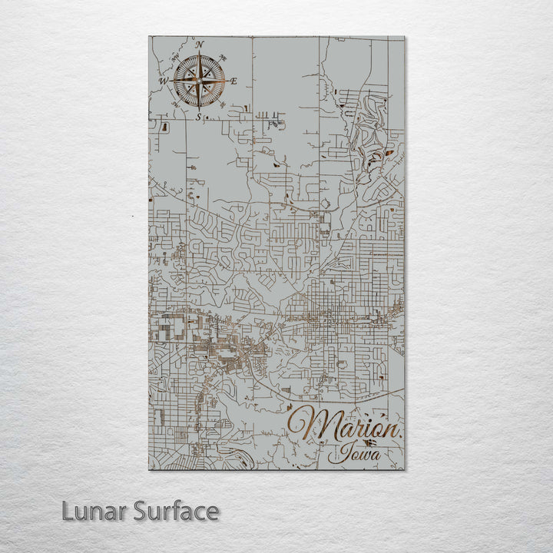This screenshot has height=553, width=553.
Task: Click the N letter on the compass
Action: tap(200, 45)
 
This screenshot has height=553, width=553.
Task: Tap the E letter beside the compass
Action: tap(234, 81)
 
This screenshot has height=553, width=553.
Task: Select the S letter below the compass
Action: tap(199, 117)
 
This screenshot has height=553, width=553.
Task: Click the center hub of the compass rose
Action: tap(199, 81)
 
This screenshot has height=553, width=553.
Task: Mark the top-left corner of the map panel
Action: tap(149, 36)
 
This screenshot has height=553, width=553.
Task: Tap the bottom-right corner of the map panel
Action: tap(405, 469)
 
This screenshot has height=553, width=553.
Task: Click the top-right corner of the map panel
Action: tap(405, 36)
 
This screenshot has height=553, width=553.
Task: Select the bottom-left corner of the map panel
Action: tap(149, 469)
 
